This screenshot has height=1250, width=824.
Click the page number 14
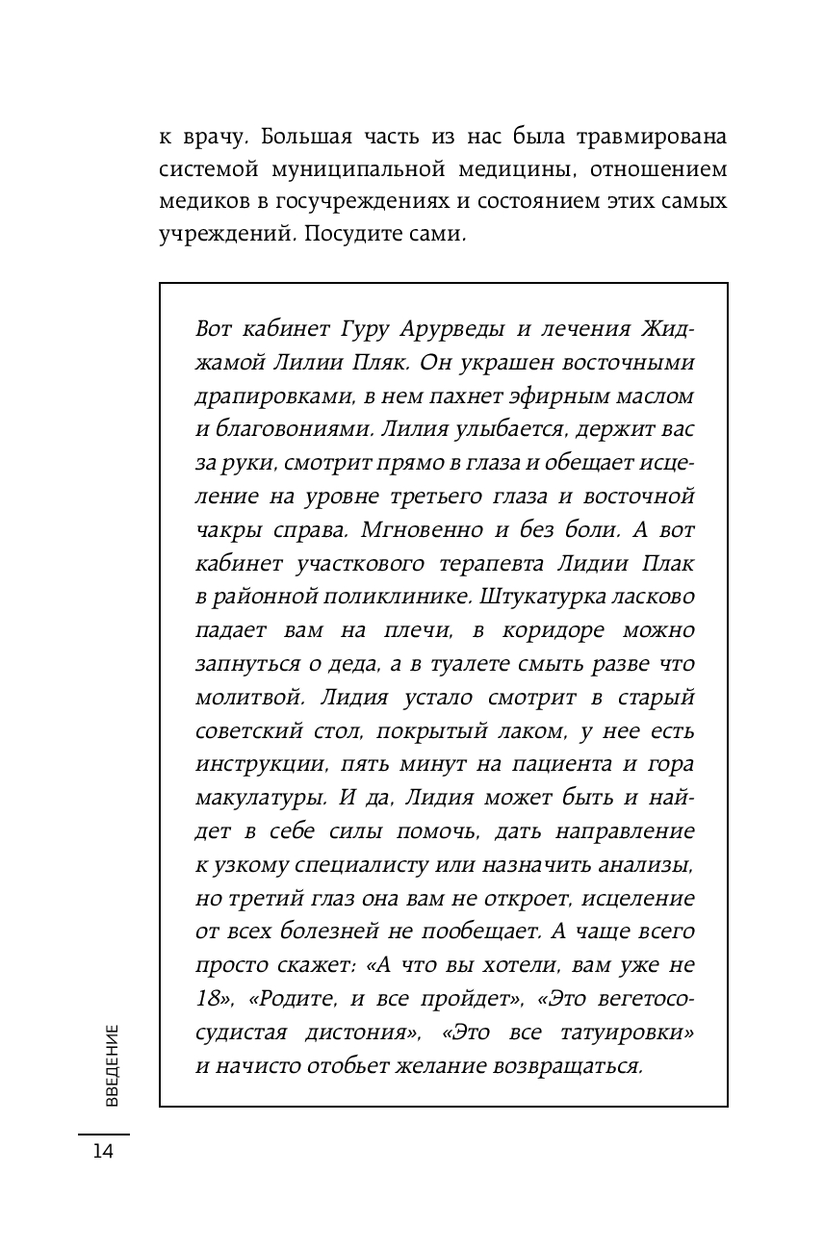[x=103, y=1151]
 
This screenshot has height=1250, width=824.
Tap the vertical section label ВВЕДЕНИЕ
[x=112, y=1065]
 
